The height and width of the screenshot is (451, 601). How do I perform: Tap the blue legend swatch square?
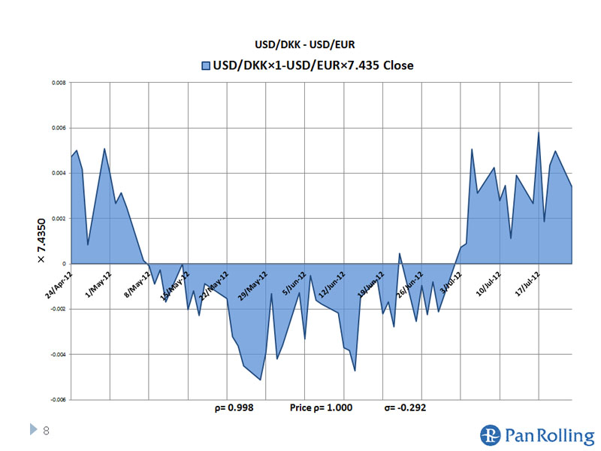point(205,65)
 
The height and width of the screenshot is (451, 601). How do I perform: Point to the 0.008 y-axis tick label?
point(59,83)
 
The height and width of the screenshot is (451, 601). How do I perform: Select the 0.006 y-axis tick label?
point(59,128)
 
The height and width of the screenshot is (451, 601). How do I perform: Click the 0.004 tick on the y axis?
point(59,173)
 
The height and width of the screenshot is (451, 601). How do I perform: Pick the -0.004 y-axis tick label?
point(57,354)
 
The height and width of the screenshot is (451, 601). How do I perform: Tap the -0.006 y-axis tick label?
point(57,399)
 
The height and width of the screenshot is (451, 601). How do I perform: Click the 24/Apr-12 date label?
point(59,284)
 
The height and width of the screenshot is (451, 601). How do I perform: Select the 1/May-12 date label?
point(98,284)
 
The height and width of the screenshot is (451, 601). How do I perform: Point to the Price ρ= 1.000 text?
point(321,408)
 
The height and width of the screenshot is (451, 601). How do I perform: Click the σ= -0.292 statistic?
point(406,408)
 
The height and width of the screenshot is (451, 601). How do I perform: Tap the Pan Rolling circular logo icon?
point(490,435)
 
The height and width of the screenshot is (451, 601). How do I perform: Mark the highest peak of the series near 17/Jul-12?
point(539,133)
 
